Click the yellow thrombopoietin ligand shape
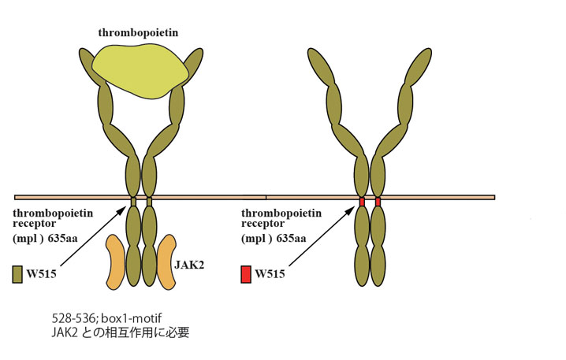click(x=140, y=68)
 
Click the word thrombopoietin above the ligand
click(x=140, y=32)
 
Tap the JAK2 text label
click(x=190, y=266)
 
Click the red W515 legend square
click(x=247, y=274)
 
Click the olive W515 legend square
click(x=17, y=274)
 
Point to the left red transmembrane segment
click(x=362, y=202)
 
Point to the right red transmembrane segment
click(x=378, y=202)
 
